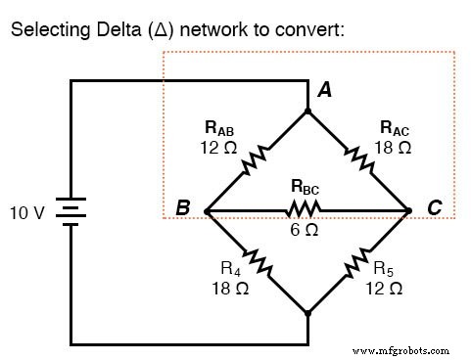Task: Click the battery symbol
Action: [x=71, y=210]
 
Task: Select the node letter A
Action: [x=324, y=90]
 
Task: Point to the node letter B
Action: [x=181, y=209]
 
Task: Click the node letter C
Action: [x=434, y=209]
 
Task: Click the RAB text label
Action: [x=219, y=127]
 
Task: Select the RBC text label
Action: [x=306, y=186]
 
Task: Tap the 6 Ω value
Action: [x=305, y=231]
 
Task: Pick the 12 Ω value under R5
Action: [x=383, y=289]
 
